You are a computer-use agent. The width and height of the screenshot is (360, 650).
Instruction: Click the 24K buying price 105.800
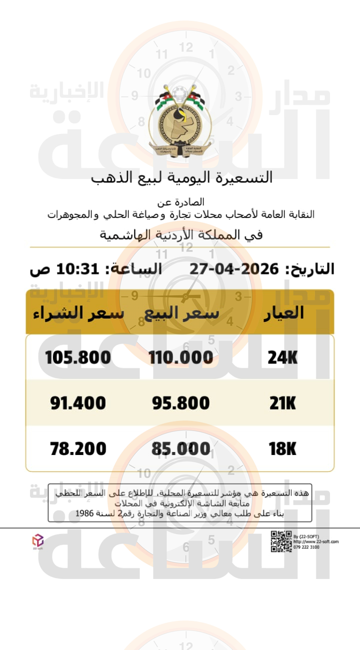(78, 357)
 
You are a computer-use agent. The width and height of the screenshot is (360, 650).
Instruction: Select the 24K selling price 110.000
(180, 357)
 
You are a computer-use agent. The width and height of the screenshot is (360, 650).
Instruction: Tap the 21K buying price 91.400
(78, 403)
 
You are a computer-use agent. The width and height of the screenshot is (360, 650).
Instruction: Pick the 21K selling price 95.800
(180, 403)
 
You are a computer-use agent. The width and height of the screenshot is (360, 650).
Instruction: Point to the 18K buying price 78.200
(78, 448)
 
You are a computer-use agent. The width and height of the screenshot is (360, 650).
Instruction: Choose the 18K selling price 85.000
(180, 448)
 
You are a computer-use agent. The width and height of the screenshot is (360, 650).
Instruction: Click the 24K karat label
(282, 357)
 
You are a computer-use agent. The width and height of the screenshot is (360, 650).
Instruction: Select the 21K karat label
(282, 403)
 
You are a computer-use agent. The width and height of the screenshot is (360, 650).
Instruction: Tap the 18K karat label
(282, 448)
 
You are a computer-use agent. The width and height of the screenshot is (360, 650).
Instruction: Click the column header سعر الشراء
(78, 313)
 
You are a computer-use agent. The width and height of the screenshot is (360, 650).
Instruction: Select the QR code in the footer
(281, 541)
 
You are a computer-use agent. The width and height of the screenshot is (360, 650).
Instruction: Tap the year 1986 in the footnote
(85, 513)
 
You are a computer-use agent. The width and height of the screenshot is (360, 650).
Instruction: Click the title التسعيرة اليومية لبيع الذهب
(182, 177)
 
